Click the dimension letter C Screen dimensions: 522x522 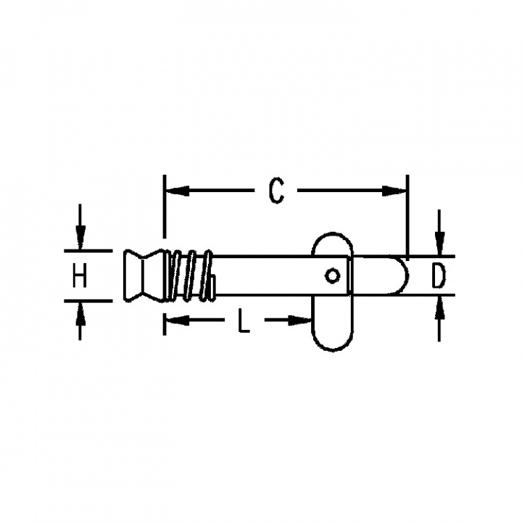(x=276, y=191)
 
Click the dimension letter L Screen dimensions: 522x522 (x=244, y=320)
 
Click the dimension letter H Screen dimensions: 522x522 (x=80, y=275)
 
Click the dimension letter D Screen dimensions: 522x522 (x=438, y=275)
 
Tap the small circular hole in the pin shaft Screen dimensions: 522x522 (x=332, y=276)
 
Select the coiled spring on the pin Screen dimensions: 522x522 (x=190, y=275)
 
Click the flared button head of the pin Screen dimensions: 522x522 (x=144, y=275)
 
